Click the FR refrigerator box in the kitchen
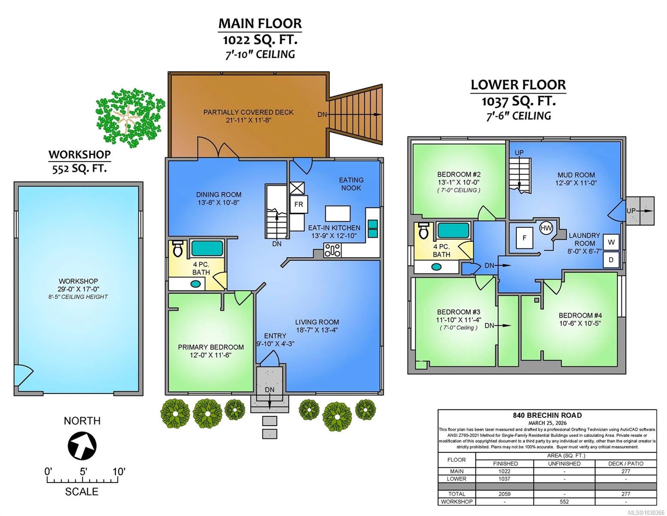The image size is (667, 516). pyautogui.click(x=298, y=204)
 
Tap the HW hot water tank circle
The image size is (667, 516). pyautogui.click(x=546, y=228)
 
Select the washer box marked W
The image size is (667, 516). pyautogui.click(x=611, y=242)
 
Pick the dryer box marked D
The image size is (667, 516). pyautogui.click(x=611, y=260)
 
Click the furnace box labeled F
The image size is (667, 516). pyautogui.click(x=524, y=237)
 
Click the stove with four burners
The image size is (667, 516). pyautogui.click(x=332, y=250)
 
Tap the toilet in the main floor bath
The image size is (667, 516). pyautogui.click(x=178, y=249)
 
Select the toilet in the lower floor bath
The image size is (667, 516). pyautogui.click(x=423, y=231)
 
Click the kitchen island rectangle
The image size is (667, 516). pyautogui.click(x=338, y=214)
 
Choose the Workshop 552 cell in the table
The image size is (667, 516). pyautogui.click(x=564, y=501)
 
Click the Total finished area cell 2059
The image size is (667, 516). pyautogui.click(x=504, y=494)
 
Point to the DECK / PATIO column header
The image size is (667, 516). pyautogui.click(x=626, y=464)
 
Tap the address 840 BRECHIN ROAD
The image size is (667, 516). pyautogui.click(x=547, y=415)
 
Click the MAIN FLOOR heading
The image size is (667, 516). pyautogui.click(x=260, y=24)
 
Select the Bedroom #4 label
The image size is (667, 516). pyautogui.click(x=580, y=315)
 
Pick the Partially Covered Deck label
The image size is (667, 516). pyautogui.click(x=248, y=112)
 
